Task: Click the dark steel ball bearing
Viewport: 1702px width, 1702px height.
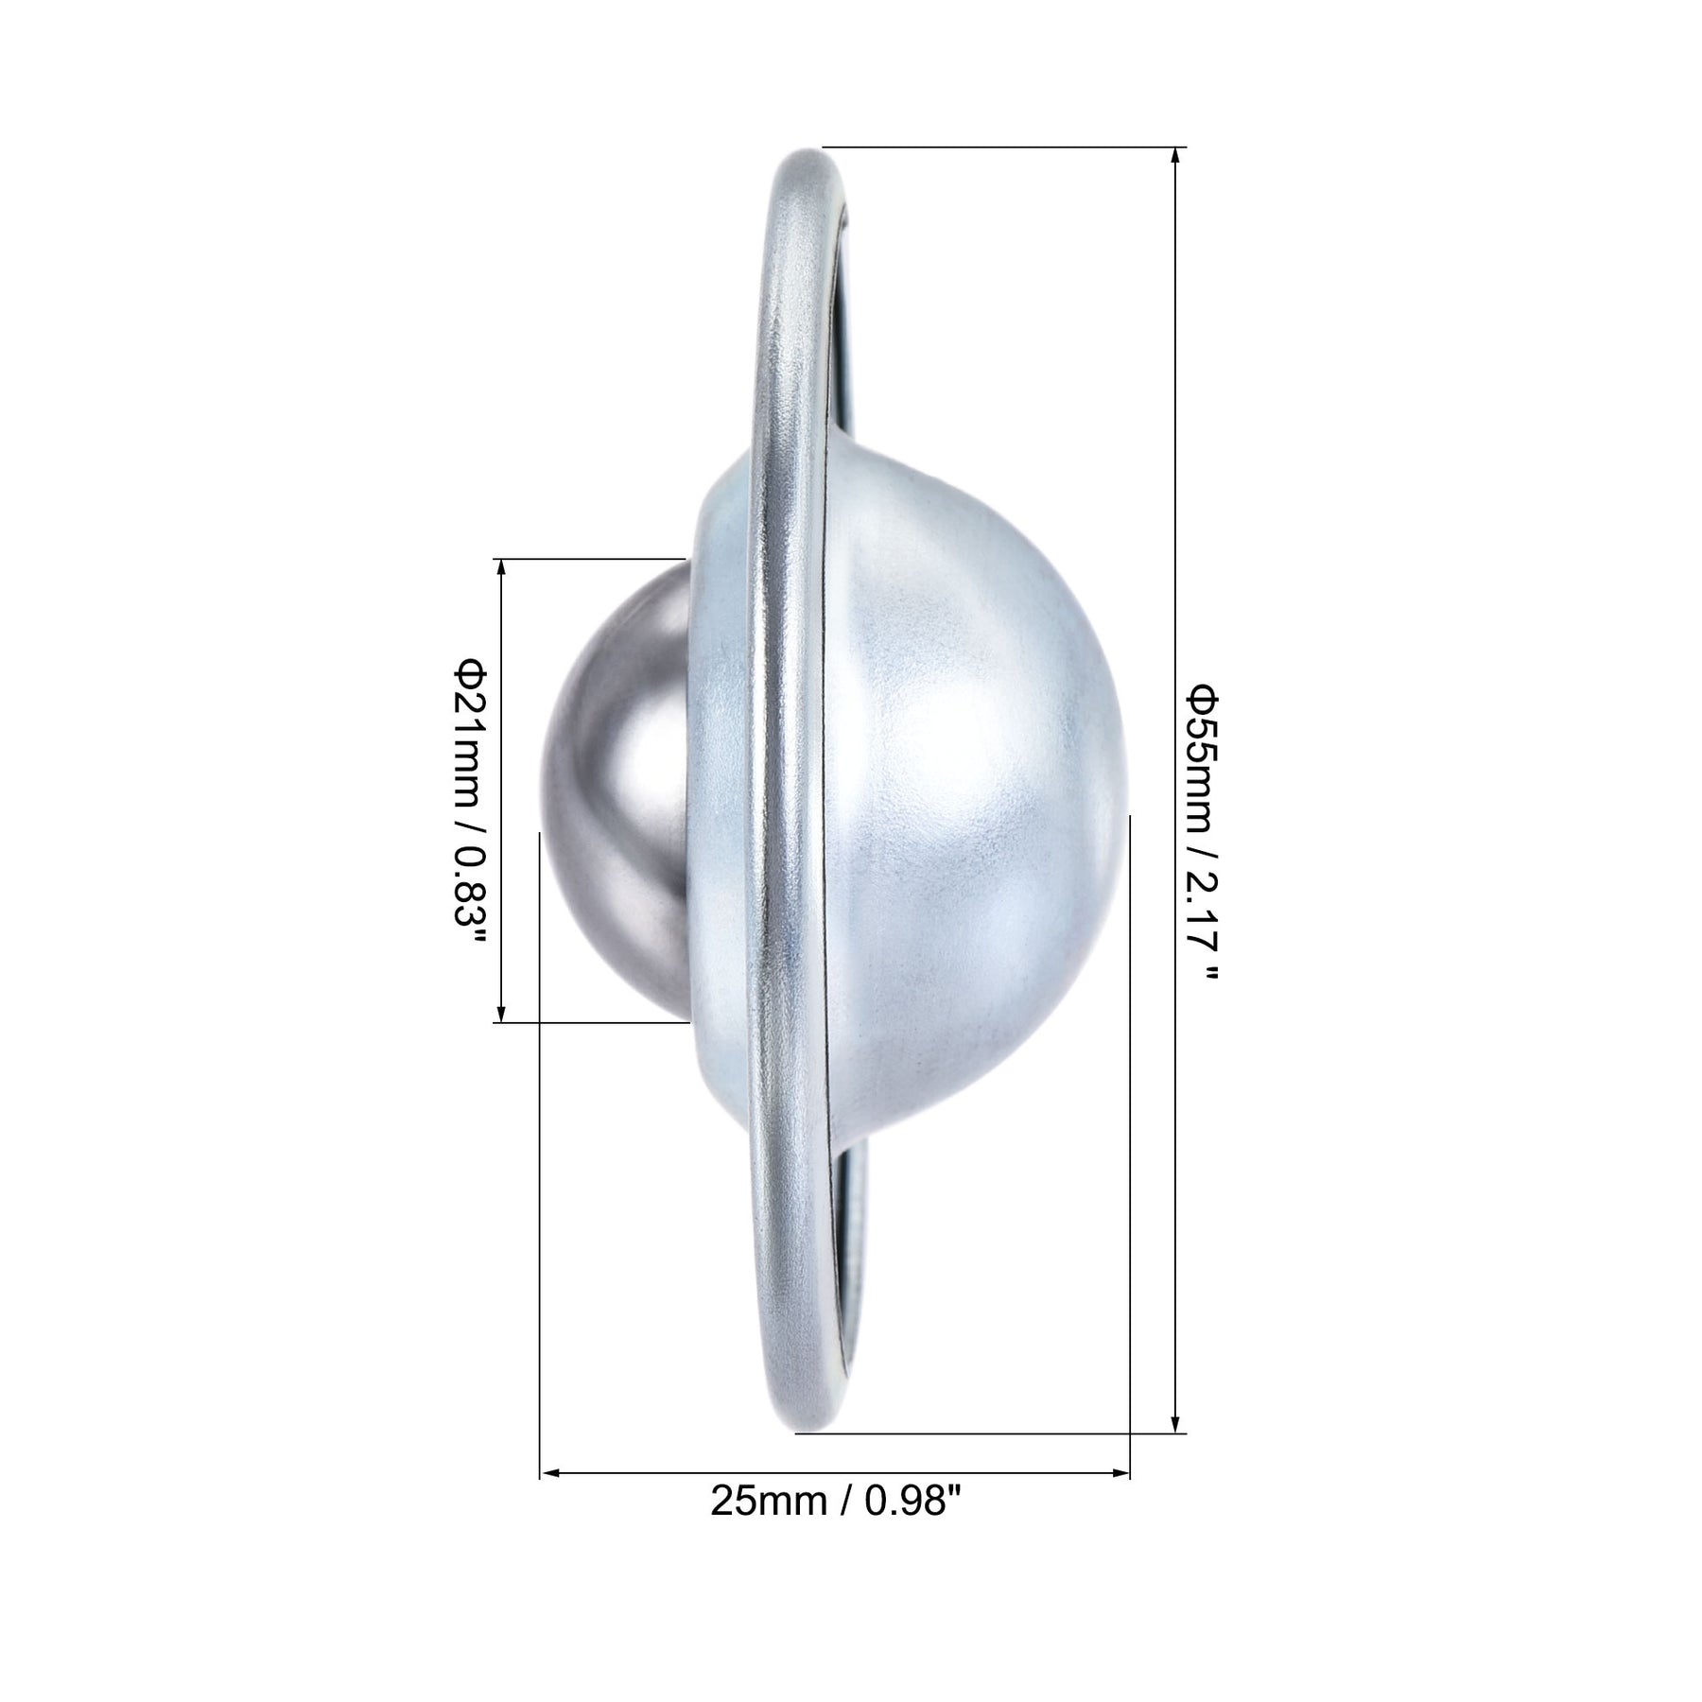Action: coord(615,790)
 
